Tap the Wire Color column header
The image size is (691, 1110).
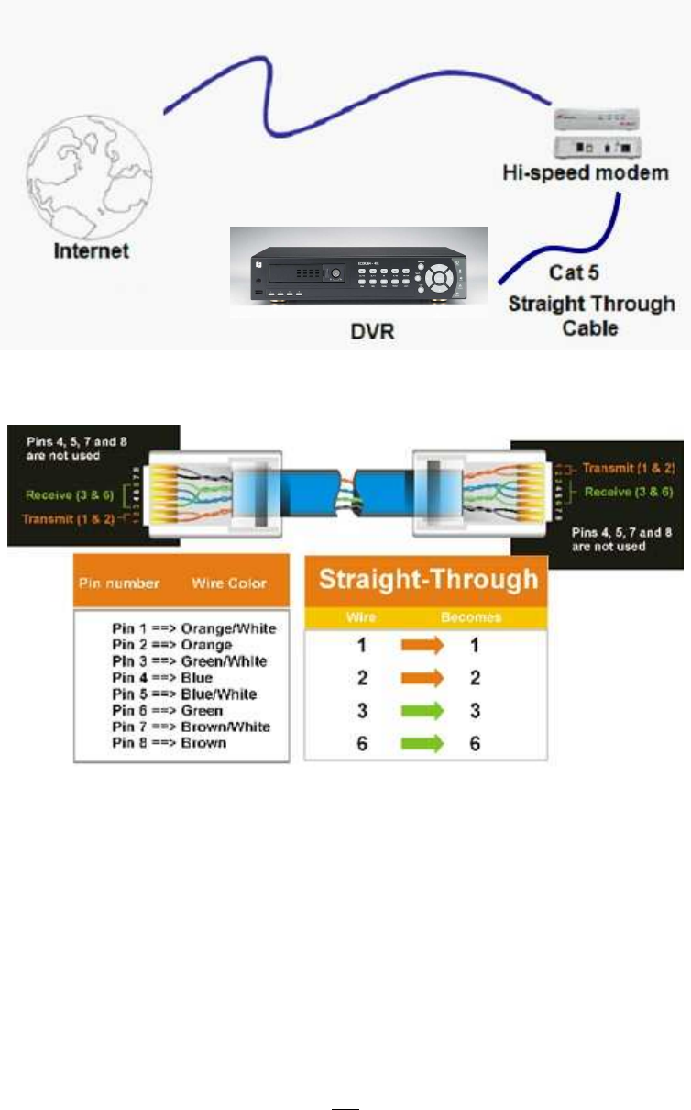228,582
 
